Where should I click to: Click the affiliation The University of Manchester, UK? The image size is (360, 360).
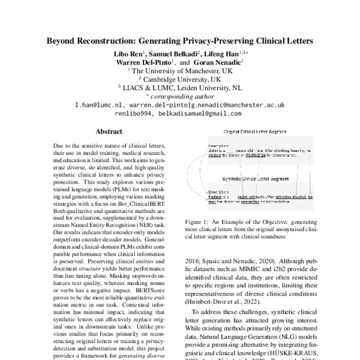(182, 70)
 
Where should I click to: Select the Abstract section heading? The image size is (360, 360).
(109, 131)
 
